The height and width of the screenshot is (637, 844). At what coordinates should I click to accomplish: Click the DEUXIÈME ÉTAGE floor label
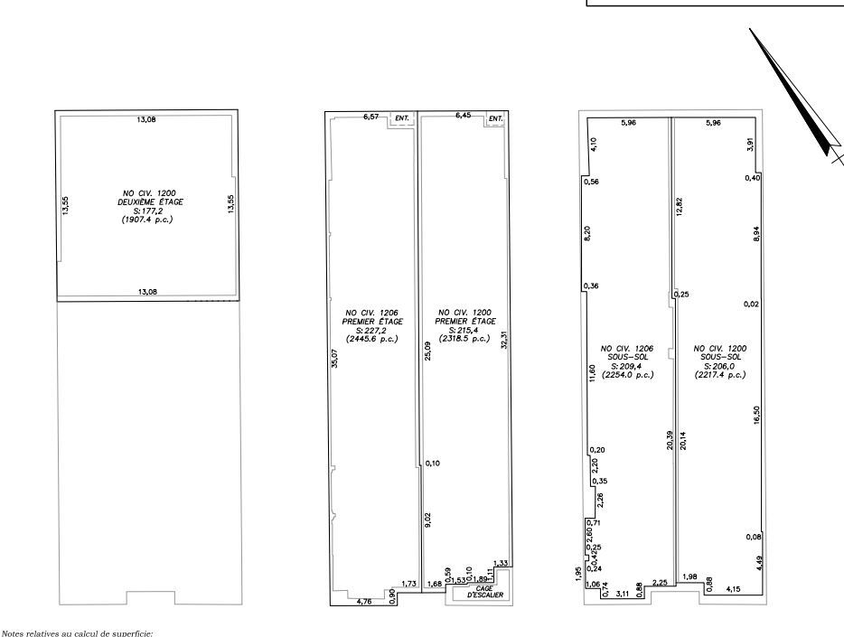(x=146, y=201)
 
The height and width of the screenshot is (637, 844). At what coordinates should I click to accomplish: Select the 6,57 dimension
(x=370, y=117)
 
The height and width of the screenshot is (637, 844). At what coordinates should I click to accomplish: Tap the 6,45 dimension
(x=464, y=116)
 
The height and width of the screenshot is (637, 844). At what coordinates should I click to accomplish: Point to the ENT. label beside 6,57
(x=402, y=118)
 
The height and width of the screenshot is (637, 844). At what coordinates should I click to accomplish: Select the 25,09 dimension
(x=427, y=350)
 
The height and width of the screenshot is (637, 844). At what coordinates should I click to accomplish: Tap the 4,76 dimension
(x=364, y=601)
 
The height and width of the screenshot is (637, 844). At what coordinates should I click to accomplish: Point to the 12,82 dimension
(x=678, y=205)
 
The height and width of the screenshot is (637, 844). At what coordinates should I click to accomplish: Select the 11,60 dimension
(x=592, y=373)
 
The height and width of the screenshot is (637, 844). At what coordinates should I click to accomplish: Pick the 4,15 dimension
(x=734, y=589)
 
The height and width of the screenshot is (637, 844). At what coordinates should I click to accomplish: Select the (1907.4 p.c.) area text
(x=146, y=219)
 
